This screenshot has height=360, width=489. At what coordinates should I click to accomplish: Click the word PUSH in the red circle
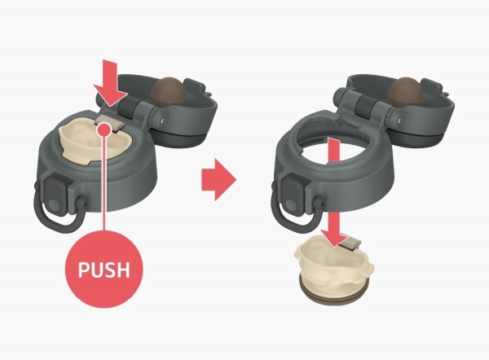coord(104,270)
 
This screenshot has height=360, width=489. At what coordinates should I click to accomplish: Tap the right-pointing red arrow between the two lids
coord(219,179)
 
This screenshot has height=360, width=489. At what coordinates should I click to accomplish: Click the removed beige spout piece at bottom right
coord(333,265)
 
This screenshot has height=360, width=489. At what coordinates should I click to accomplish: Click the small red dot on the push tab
coord(105,129)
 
